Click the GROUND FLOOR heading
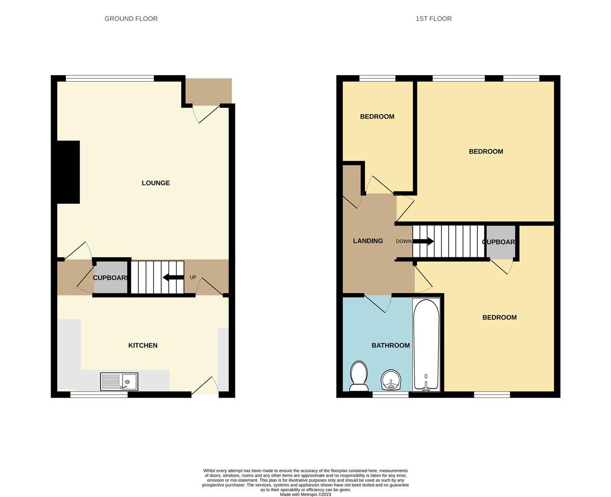tap(131, 19)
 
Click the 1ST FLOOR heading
tap(433, 19)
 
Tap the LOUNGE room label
tap(156, 183)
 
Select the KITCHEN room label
tap(143, 346)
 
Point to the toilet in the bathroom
tap(358, 376)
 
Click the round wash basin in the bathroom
tap(391, 380)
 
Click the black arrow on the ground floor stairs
tap(173, 277)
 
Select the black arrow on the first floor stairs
tap(423, 241)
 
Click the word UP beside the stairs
tap(193, 277)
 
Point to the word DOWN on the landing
tap(404, 242)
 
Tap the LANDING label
tap(368, 241)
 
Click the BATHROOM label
tap(391, 346)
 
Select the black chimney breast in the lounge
tap(68, 172)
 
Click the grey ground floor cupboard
tap(111, 278)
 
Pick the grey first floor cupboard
tap(500, 242)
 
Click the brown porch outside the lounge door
tap(208, 91)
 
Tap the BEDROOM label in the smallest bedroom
tap(377, 117)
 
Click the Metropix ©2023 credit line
tap(305, 495)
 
